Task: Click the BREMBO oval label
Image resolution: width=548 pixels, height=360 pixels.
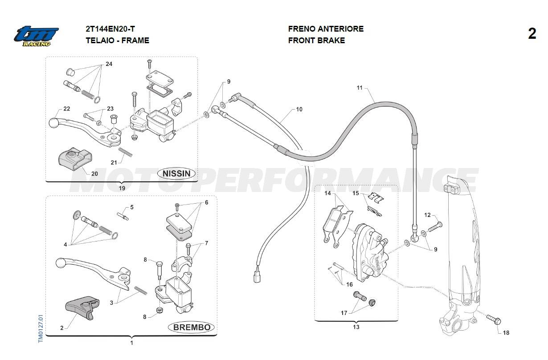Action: tap(192, 327)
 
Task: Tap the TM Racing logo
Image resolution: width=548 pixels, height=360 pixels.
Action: tap(36, 36)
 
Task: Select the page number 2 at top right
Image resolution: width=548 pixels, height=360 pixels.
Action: tap(532, 34)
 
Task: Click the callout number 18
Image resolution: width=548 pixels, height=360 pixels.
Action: tap(506, 333)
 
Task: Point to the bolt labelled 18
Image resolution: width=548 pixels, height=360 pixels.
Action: tap(493, 319)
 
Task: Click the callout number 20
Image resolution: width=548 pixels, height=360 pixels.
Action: tap(94, 174)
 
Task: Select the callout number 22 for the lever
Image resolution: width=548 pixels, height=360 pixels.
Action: tap(67, 109)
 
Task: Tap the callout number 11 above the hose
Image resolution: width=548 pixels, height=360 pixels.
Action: tap(360, 88)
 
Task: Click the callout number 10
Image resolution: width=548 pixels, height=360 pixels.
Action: tap(299, 109)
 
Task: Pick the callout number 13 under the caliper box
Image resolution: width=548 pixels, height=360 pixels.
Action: tap(356, 327)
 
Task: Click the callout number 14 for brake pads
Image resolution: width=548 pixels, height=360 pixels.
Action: tap(328, 193)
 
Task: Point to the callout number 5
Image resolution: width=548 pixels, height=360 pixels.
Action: tap(132, 207)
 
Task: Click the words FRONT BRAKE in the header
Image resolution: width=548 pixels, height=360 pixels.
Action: tap(316, 41)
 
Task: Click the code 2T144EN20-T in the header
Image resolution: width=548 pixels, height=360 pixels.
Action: tap(110, 29)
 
